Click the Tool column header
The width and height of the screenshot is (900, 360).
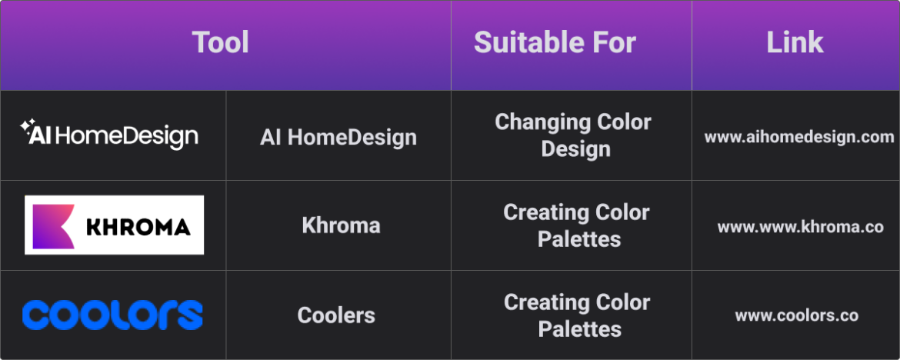pos(221,42)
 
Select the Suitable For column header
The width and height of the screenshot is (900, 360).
pos(555,42)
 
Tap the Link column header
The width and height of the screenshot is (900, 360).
pos(795,42)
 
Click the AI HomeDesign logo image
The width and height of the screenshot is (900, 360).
pos(109,135)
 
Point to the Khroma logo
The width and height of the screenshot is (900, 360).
pos(114,225)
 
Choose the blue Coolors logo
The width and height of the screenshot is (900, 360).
pos(112,315)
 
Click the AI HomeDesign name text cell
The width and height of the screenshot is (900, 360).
pos(338,137)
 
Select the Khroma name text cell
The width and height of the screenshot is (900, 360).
pos(341,225)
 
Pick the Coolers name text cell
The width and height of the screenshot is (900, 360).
pos(336,315)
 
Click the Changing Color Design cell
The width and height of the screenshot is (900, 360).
pos(573,135)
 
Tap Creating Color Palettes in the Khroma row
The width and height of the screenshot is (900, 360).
pos(576,225)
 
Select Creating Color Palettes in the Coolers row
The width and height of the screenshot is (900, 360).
pos(576,315)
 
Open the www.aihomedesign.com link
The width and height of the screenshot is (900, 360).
pos(798,137)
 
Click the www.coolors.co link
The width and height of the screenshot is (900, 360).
pos(796,315)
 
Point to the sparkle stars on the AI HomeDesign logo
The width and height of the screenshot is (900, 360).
pos(27,126)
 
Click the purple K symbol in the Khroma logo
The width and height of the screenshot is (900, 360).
pos(52,225)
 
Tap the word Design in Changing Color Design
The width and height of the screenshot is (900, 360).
pos(575,148)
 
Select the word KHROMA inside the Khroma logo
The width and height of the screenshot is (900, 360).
pos(138,226)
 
